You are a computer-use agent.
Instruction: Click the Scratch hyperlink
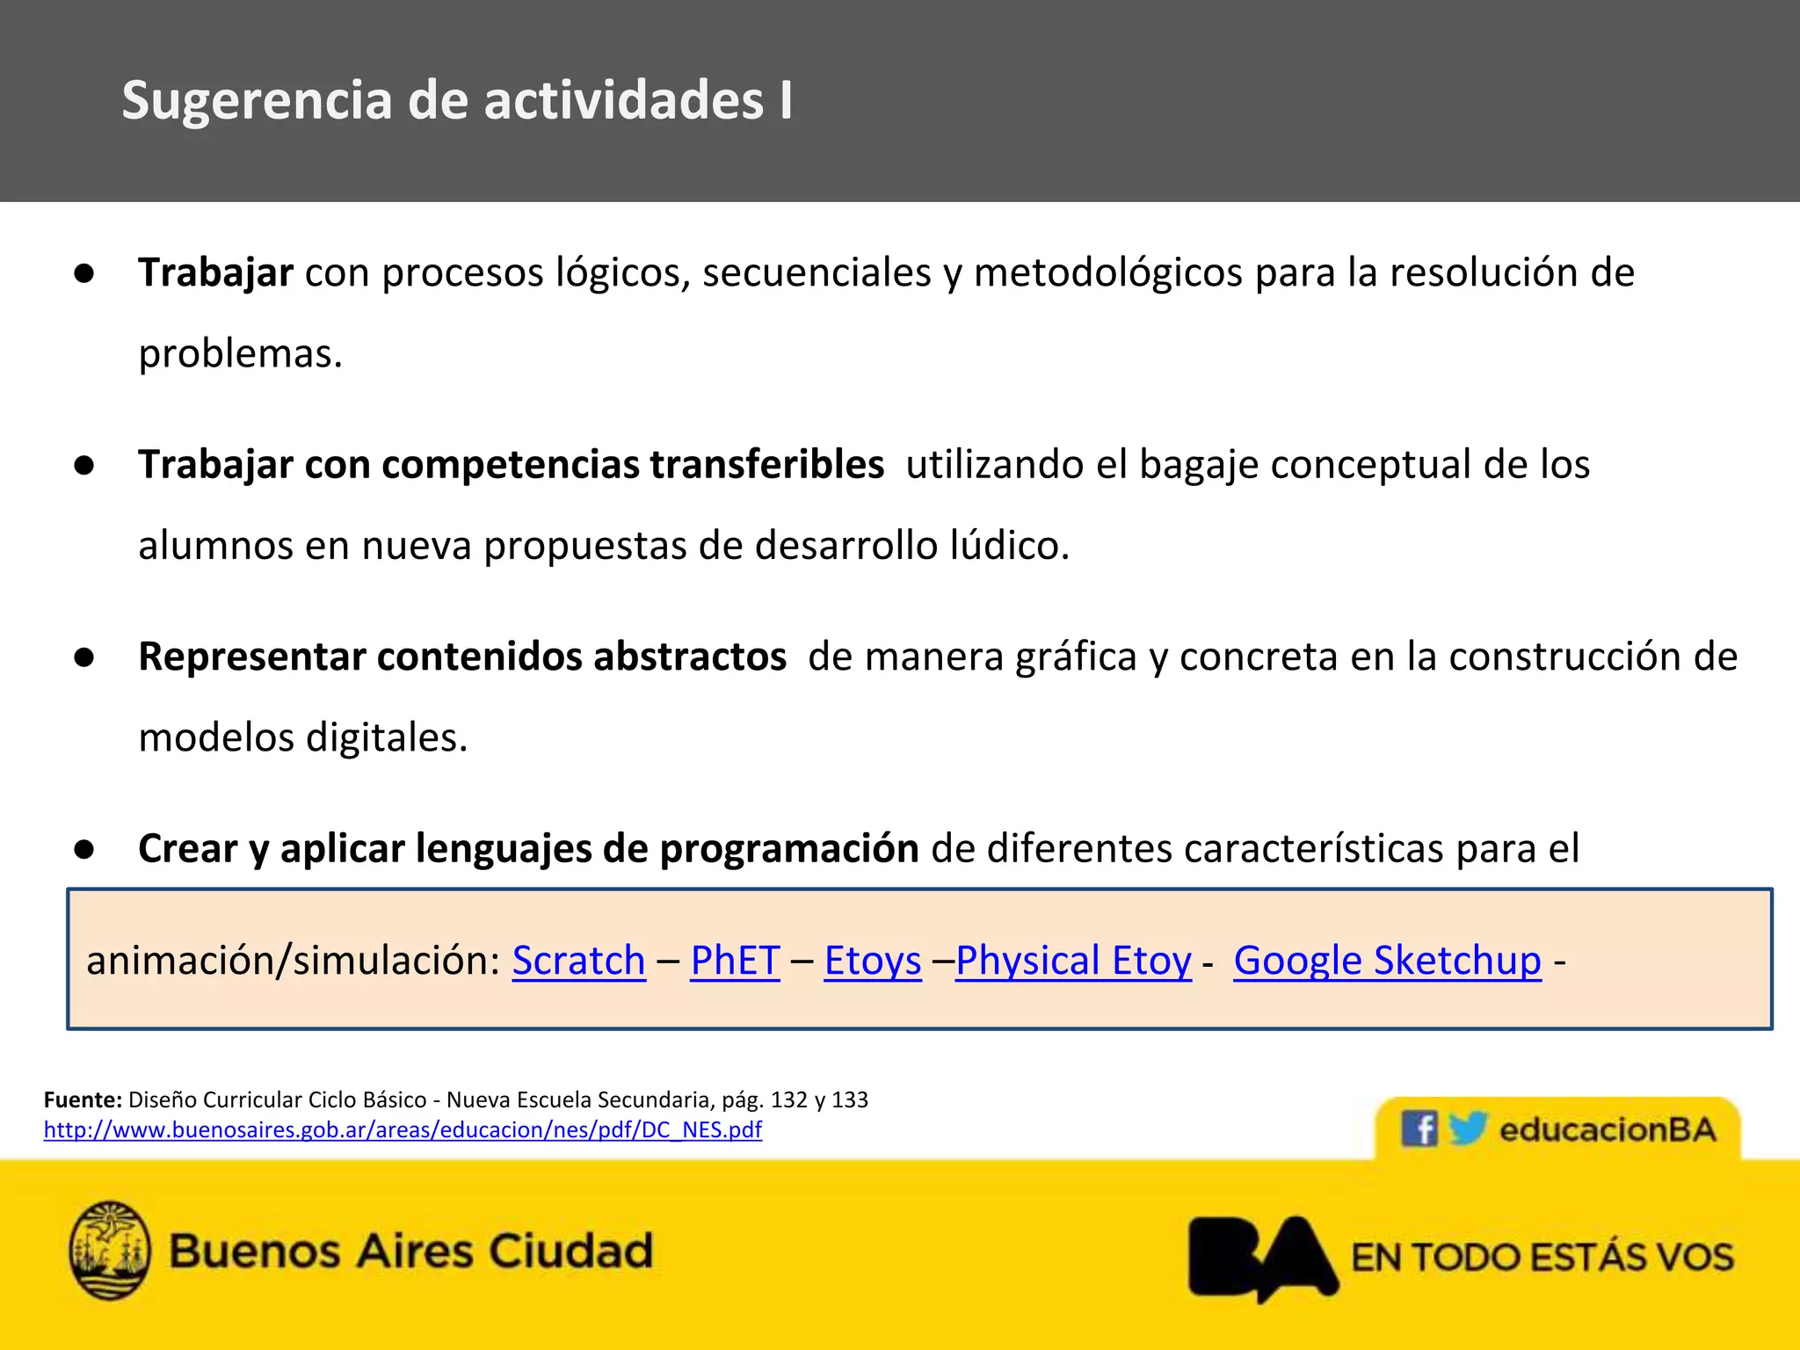click(578, 961)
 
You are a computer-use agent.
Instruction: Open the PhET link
click(735, 961)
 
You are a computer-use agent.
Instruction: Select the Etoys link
click(873, 961)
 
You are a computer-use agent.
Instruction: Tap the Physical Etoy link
click(1073, 961)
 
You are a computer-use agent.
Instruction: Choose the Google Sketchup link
click(1387, 961)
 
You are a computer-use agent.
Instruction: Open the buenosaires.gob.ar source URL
click(403, 1130)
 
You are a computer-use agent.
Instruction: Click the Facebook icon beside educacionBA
click(1419, 1128)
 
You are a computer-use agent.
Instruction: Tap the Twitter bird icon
click(1466, 1128)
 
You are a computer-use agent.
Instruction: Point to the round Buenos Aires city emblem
click(110, 1251)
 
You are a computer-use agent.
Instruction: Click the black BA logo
click(1262, 1257)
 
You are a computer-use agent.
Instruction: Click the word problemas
click(239, 354)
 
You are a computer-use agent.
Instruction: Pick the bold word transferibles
click(766, 465)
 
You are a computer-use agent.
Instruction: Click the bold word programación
click(788, 849)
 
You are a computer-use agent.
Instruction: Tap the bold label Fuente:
click(83, 1100)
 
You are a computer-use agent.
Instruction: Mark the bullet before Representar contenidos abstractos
click(84, 657)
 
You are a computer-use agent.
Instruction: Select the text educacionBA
click(1608, 1130)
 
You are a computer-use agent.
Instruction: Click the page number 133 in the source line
click(849, 1100)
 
